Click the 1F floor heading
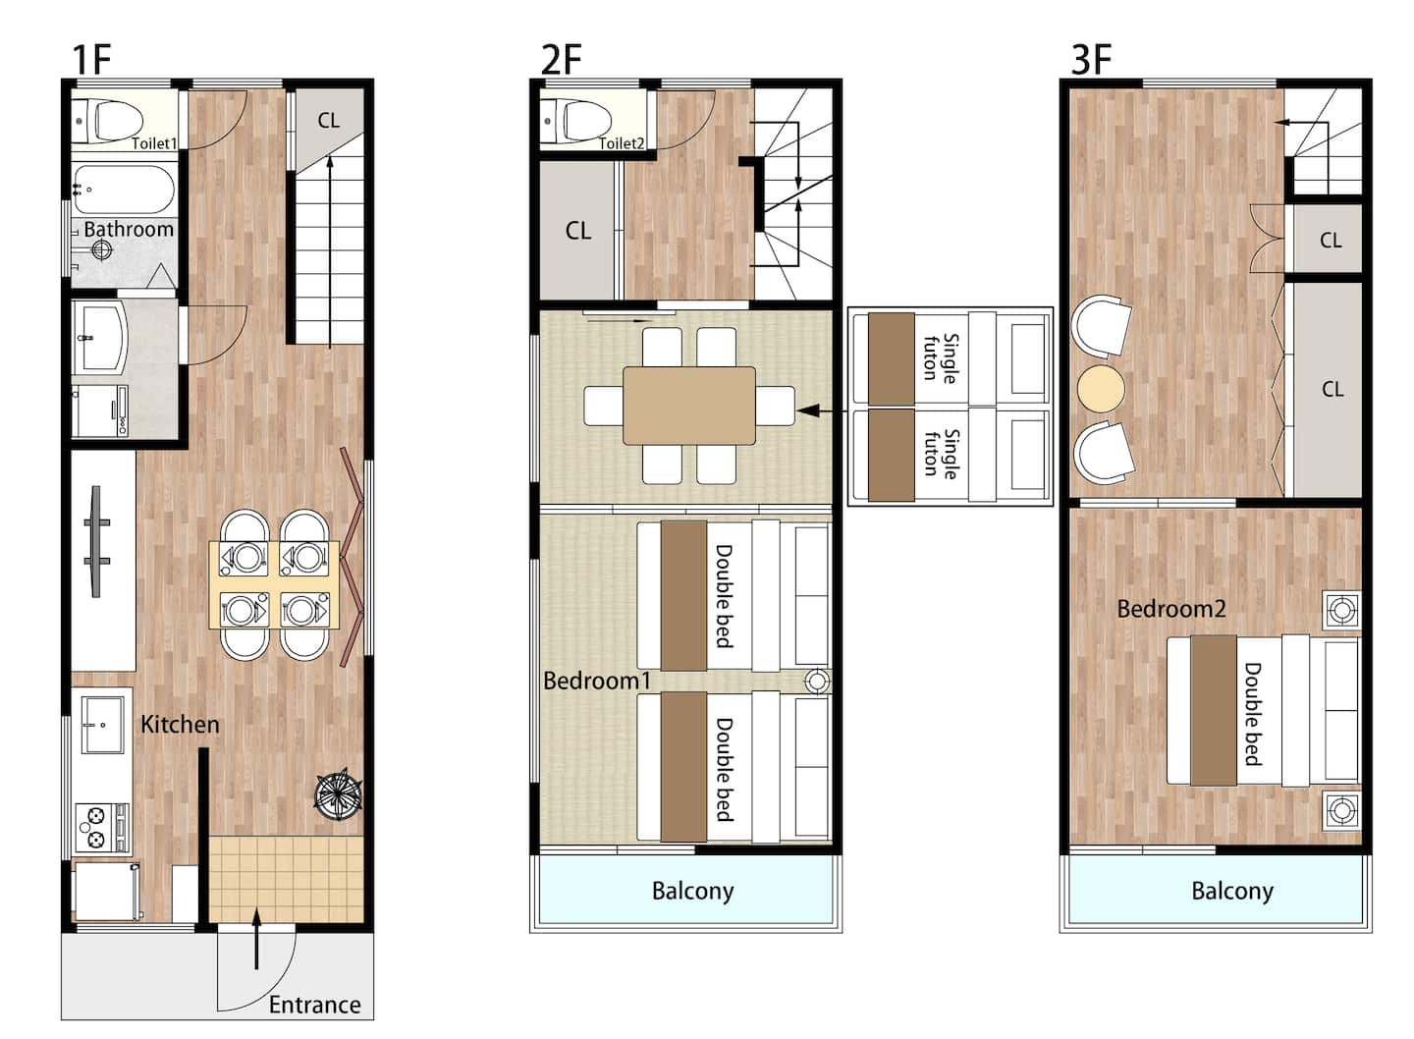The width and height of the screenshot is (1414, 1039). pyautogui.click(x=91, y=60)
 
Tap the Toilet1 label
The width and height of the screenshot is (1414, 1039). pyautogui.click(x=153, y=143)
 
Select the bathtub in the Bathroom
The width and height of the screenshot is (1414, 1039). pyautogui.click(x=123, y=190)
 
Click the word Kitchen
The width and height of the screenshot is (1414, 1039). pyautogui.click(x=180, y=724)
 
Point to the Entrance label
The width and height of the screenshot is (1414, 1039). pyautogui.click(x=314, y=1005)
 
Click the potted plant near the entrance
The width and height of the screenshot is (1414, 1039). pyautogui.click(x=339, y=793)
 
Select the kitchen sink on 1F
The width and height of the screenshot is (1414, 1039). pyautogui.click(x=102, y=726)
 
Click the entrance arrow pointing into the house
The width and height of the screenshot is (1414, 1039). pyautogui.click(x=256, y=938)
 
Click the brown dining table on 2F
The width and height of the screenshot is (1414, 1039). pyautogui.click(x=688, y=406)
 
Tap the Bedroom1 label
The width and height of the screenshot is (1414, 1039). pyautogui.click(x=597, y=681)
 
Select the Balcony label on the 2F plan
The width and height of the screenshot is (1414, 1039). pyautogui.click(x=692, y=891)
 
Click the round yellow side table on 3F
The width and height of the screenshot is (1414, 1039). pyautogui.click(x=1100, y=390)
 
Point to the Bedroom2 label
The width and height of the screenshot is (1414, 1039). pyautogui.click(x=1170, y=609)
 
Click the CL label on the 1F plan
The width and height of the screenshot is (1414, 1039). pyautogui.click(x=328, y=120)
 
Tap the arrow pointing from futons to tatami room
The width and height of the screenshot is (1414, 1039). pyautogui.click(x=822, y=411)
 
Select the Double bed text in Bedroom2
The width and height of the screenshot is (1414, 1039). pyautogui.click(x=1252, y=714)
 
